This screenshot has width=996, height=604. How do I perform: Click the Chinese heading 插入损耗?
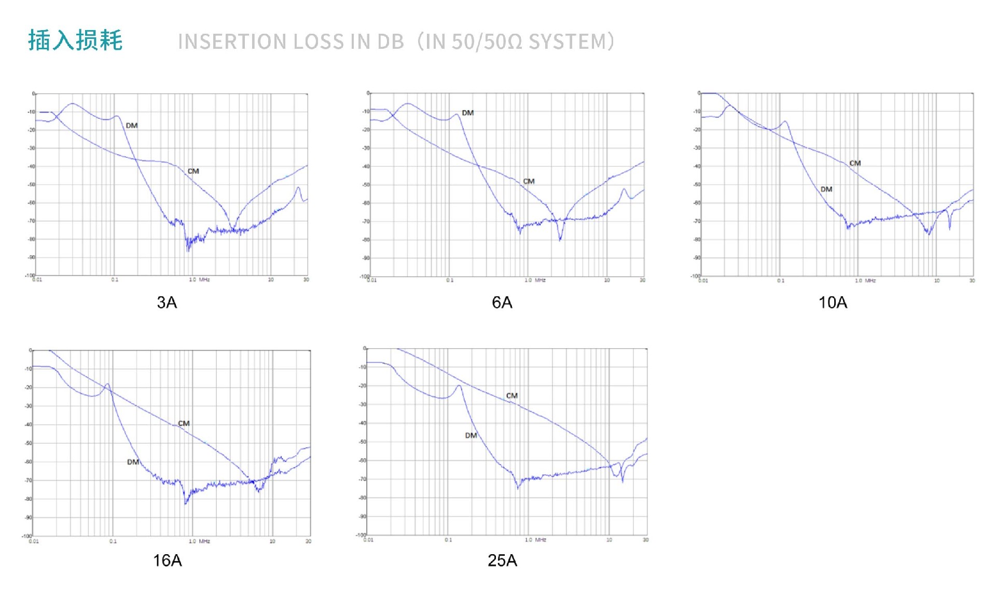(75, 40)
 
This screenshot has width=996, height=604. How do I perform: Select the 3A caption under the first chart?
(167, 303)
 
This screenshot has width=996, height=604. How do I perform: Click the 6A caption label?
(502, 303)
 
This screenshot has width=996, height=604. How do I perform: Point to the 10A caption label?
(833, 303)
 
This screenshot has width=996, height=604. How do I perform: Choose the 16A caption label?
(167, 560)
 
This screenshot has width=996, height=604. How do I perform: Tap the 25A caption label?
(502, 560)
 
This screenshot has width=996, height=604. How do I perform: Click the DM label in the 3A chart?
(132, 126)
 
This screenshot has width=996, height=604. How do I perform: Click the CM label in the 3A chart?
(193, 171)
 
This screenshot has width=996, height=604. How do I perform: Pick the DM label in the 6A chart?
(467, 113)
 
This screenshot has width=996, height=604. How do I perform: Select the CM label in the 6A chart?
(529, 181)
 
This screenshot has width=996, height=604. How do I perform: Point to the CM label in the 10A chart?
(855, 163)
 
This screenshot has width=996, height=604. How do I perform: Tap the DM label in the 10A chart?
(826, 189)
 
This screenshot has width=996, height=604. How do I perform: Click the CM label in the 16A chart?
(184, 423)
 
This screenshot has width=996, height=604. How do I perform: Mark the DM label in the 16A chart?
(133, 462)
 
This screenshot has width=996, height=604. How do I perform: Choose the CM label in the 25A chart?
(512, 395)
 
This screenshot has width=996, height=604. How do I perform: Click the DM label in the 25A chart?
(471, 435)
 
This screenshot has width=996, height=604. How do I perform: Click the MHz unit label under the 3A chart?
(204, 280)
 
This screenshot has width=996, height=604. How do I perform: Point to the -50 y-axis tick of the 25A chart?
(363, 442)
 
